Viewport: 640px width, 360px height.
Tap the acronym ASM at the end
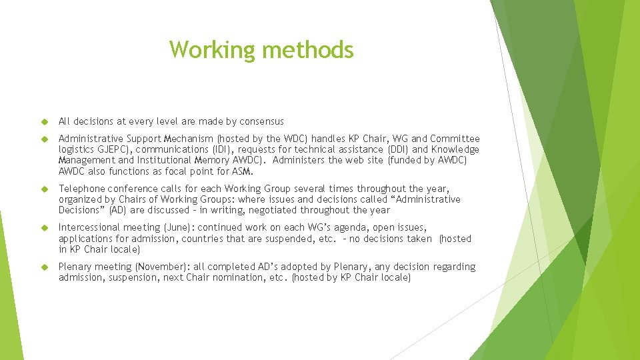coord(243,171)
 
